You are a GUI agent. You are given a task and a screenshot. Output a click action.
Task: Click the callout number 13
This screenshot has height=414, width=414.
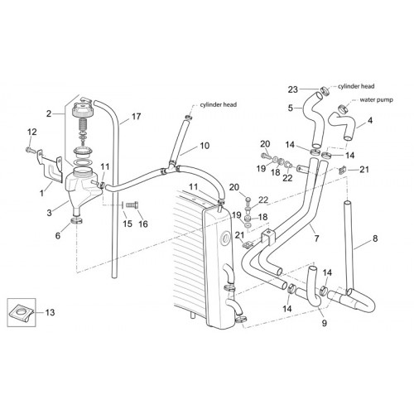tap(50, 312)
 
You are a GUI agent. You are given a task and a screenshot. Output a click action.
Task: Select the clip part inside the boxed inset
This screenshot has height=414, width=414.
tap(21, 313)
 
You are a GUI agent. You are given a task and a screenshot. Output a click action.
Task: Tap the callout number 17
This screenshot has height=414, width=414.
tap(136, 117)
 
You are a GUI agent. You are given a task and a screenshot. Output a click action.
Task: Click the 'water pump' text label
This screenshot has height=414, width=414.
tap(377, 99)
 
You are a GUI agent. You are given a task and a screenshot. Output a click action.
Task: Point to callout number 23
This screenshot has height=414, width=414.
tap(293, 89)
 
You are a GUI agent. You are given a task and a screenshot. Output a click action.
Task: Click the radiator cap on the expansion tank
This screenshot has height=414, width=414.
tap(82, 108)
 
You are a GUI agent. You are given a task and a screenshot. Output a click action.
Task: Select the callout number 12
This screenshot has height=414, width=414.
tap(32, 132)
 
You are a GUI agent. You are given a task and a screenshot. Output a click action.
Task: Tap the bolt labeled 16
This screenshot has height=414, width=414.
tap(132, 205)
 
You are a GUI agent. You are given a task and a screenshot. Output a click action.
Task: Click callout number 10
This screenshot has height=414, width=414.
tap(205, 146)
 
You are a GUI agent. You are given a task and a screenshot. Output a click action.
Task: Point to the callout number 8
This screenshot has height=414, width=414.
tap(375, 238)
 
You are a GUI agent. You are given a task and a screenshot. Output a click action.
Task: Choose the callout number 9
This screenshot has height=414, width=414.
tap(325, 323)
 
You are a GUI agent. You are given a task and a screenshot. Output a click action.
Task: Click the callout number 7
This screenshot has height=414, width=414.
tap(316, 238)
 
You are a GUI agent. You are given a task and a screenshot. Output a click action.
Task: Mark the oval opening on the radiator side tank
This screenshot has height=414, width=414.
tap(225, 238)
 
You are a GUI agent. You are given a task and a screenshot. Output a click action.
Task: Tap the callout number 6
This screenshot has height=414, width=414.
tap(58, 235)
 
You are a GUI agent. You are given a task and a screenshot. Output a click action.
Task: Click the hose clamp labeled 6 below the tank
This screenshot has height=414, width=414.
tap(76, 220)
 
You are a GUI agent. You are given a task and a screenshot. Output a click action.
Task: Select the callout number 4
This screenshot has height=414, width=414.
tap(370, 121)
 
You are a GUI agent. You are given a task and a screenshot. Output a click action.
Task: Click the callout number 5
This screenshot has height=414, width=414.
tap(290, 108)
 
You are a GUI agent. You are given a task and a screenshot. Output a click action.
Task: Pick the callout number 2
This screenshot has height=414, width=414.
tap(49, 113)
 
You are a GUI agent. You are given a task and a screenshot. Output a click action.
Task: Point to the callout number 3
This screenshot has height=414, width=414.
tap(49, 213)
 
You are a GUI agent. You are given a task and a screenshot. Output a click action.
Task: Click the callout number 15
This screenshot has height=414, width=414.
tap(128, 224)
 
